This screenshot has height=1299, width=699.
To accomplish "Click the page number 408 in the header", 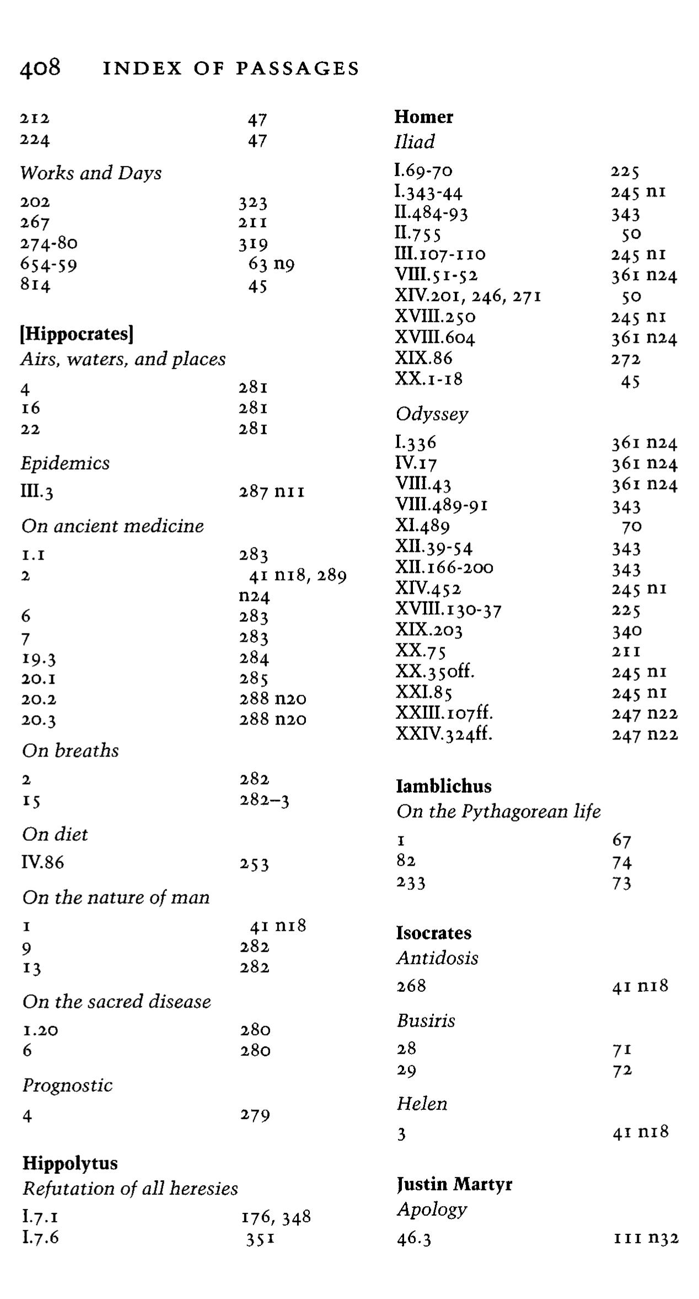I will click(40, 68).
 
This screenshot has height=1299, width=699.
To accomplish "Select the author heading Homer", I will click(423, 117).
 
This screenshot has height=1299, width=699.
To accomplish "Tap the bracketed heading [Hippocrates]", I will click(77, 334).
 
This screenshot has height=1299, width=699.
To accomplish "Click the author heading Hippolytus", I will click(70, 1163).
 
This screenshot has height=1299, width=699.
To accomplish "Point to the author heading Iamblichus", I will click(444, 786).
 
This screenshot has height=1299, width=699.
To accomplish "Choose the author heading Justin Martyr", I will click(454, 1184).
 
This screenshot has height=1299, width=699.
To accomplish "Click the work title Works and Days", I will click(91, 173).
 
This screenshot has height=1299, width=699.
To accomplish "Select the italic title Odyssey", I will click(432, 414).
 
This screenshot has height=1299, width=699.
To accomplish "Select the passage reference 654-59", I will click(49, 264).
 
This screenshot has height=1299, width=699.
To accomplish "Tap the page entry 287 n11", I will click(271, 491).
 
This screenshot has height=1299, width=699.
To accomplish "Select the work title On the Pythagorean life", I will click(498, 811).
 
